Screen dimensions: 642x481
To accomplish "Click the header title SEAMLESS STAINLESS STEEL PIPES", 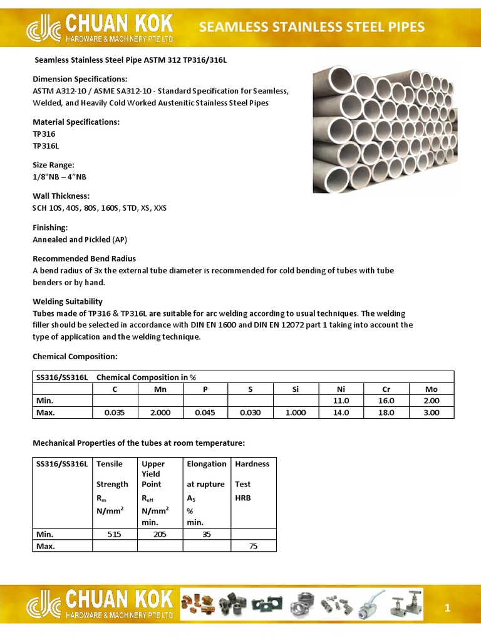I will [x=311, y=26].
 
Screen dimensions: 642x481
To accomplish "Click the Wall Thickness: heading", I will [x=61, y=196].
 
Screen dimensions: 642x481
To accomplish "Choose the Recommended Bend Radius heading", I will [x=84, y=258].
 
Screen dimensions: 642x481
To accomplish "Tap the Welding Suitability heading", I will [x=68, y=302].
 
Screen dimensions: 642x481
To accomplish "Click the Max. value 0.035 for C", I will [x=115, y=413].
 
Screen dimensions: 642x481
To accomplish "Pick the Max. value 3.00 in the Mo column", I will [x=432, y=413].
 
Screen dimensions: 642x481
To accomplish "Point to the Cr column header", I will [x=386, y=389].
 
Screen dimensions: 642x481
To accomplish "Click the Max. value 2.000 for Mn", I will [x=160, y=413].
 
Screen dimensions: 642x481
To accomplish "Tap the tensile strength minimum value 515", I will [x=115, y=534].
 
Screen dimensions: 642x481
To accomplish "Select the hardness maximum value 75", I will [x=253, y=546].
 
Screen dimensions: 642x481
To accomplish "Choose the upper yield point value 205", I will [x=160, y=534].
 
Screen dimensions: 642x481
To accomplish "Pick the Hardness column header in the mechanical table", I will [x=252, y=464].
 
